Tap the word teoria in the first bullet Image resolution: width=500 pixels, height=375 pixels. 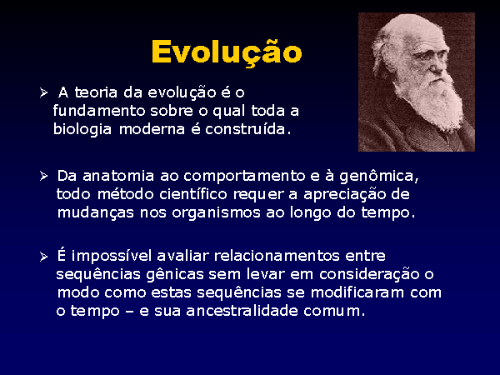pyautogui.click(x=96, y=92)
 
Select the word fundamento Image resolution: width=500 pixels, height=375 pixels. pyautogui.click(x=99, y=111)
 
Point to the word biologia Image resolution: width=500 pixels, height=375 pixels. pyautogui.click(x=82, y=130)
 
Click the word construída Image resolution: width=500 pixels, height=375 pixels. pyautogui.click(x=247, y=129)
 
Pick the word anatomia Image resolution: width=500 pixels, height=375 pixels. pyautogui.click(x=118, y=176)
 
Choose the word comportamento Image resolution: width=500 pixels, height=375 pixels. pyautogui.click(x=244, y=177)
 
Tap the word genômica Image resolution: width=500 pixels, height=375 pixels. pyautogui.click(x=379, y=177)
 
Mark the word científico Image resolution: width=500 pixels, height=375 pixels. pyautogui.click(x=193, y=194)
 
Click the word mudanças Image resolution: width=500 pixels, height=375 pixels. pyautogui.click(x=96, y=213)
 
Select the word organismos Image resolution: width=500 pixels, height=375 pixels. pyautogui.click(x=216, y=213)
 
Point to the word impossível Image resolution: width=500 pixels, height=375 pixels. pyautogui.click(x=112, y=257)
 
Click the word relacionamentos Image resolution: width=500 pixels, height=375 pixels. pyautogui.click(x=277, y=256)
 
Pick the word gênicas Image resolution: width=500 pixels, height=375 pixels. pyautogui.click(x=175, y=275)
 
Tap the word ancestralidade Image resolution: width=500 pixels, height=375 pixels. pyautogui.click(x=242, y=311)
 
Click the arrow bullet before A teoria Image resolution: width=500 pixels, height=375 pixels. pyautogui.click(x=43, y=92)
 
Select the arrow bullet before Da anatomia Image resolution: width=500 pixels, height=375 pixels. pyautogui.click(x=43, y=176)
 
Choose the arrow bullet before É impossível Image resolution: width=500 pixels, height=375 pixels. pyautogui.click(x=43, y=257)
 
